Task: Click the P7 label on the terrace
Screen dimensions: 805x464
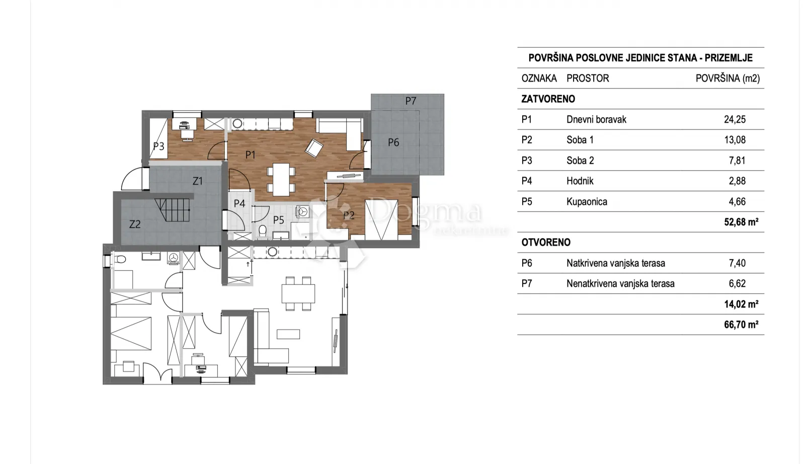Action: coord(411,101)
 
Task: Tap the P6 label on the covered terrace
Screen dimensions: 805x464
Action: coord(393,143)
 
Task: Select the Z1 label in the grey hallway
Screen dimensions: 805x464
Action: coord(197,181)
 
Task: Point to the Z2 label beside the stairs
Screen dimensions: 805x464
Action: coord(135,224)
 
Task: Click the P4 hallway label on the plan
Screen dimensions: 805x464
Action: coord(239,203)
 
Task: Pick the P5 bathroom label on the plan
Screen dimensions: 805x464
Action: coord(279,220)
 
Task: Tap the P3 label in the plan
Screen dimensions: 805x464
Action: coord(158,146)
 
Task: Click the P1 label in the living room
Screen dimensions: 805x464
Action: coord(250,155)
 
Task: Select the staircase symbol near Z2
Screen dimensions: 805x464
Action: coord(173,210)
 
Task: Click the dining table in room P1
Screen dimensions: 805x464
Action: coord(281,180)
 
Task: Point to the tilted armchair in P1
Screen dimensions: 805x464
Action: coord(314,148)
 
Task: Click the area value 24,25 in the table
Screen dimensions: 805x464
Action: coord(735,119)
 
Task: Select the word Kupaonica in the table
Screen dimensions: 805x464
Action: coord(587,202)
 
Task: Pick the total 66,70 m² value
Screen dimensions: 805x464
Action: coord(742,325)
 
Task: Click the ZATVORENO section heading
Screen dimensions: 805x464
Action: coord(548,99)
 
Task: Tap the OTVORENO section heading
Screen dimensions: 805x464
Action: coord(546,243)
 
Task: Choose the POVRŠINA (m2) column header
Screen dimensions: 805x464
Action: coord(728,79)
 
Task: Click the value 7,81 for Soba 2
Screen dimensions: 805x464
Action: coord(737,161)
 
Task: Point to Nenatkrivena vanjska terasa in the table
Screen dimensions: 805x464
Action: coord(621,284)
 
